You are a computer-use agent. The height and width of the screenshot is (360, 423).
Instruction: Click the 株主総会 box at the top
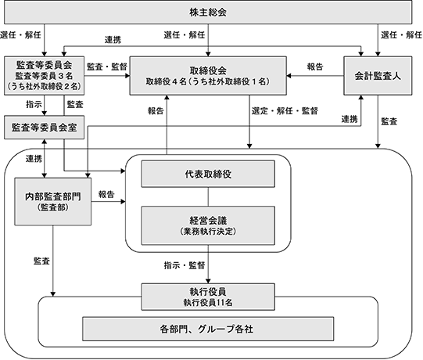coord(208,13)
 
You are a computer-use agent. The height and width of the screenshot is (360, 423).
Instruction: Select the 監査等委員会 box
coord(45,76)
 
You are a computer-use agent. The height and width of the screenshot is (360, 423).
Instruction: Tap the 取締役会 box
coord(208,76)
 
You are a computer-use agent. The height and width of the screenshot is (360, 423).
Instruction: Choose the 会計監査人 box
coord(378,76)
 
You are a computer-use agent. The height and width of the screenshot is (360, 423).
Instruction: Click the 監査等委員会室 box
coord(45,128)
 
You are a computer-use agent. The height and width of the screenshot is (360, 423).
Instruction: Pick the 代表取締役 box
coord(208,174)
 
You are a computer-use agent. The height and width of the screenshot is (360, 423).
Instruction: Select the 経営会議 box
coord(208,225)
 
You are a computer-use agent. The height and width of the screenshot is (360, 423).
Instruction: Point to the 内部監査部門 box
coord(53,201)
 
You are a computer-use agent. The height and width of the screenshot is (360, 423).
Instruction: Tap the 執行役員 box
coord(208,297)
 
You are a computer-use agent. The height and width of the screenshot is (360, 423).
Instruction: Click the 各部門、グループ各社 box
coord(208,329)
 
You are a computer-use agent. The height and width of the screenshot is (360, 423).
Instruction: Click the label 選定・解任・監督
coord(285,111)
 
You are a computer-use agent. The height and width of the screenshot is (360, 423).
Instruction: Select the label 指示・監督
coord(185,265)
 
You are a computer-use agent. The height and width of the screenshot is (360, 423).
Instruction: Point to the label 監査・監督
coord(107,67)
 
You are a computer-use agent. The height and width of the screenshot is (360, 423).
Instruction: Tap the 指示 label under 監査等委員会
coord(34,105)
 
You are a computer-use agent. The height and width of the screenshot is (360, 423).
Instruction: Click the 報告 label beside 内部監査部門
coord(106,194)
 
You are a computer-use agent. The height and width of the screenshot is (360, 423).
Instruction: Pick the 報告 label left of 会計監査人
coord(315,67)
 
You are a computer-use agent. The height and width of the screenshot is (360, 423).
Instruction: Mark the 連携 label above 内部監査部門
coord(34,159)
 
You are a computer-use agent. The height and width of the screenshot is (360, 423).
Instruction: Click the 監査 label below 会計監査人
coord(389,121)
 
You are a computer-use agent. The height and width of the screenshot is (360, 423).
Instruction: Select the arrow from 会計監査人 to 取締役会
coord(315,76)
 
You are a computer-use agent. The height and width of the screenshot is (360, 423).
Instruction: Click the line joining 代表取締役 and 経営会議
coord(208,197)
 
